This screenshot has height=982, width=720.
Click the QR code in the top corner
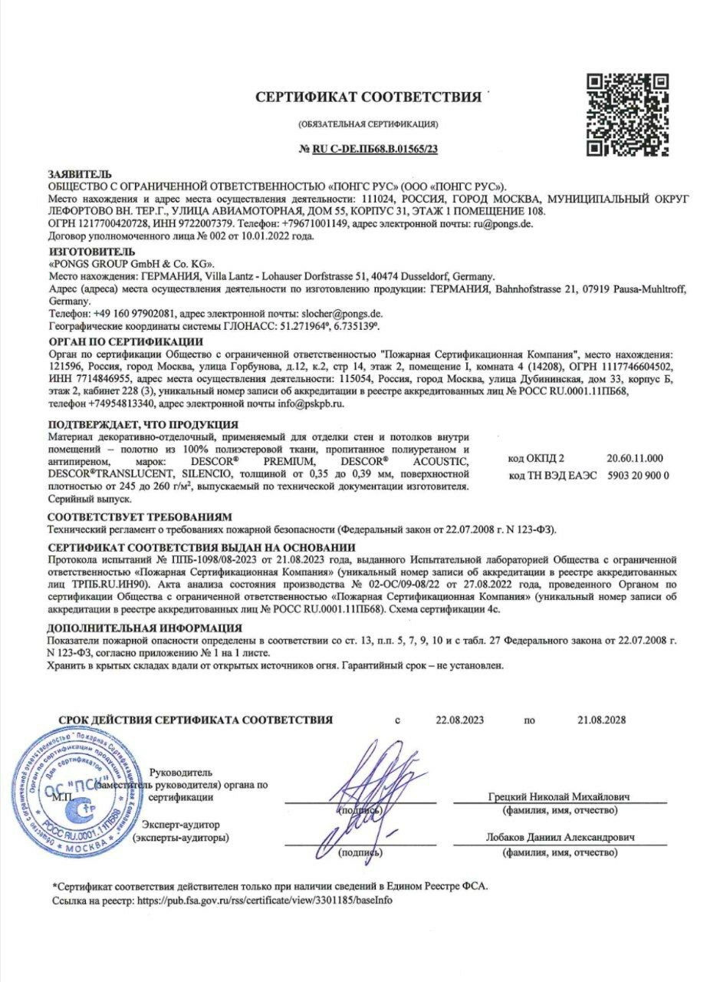tap(628, 114)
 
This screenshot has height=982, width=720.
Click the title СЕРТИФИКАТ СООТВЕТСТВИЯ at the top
tap(368, 97)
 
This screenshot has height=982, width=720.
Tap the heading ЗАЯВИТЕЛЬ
tap(80, 174)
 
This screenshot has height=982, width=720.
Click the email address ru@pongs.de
tap(502, 224)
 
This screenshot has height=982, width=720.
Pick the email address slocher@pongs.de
tap(344, 314)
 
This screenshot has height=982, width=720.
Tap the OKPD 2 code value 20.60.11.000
tap(636, 459)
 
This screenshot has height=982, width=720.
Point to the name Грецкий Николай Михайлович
tap(559, 796)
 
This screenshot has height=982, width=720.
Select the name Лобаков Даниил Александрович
tap(559, 838)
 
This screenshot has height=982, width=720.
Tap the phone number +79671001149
tap(314, 224)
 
